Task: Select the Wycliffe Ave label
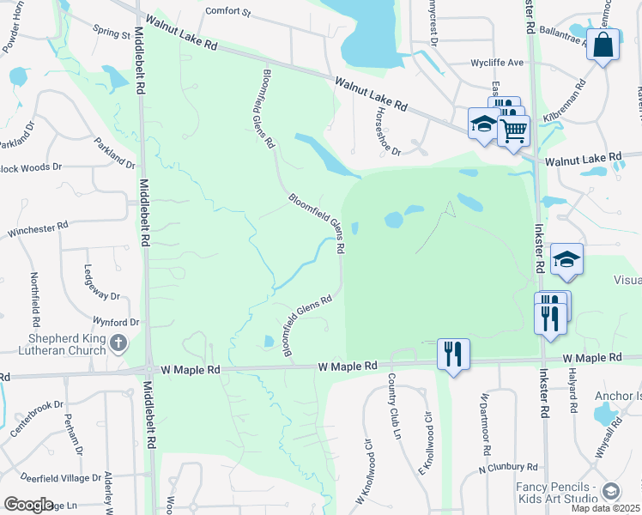click(x=497, y=64)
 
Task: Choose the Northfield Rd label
click(x=35, y=292)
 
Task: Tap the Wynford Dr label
click(x=117, y=323)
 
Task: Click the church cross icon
click(x=119, y=344)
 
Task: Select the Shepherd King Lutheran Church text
click(x=56, y=344)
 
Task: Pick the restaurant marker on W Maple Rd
click(x=453, y=354)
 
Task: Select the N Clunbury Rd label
click(x=508, y=468)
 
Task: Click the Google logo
click(x=28, y=505)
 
